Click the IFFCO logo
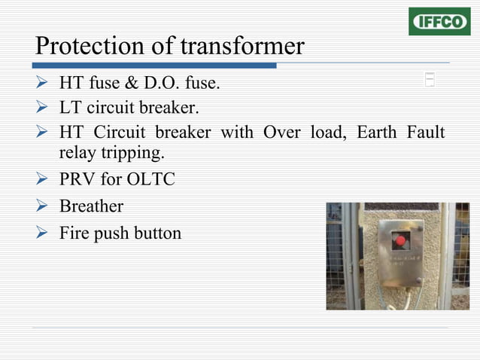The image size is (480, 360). [x=439, y=21]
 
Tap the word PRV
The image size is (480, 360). [x=77, y=181]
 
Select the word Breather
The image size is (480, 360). [x=91, y=206]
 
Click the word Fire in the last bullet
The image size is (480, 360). [x=74, y=233]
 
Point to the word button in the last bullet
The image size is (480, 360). [x=156, y=233]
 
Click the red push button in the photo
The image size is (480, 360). [x=401, y=242]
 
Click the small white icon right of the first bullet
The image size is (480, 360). [x=430, y=80]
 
